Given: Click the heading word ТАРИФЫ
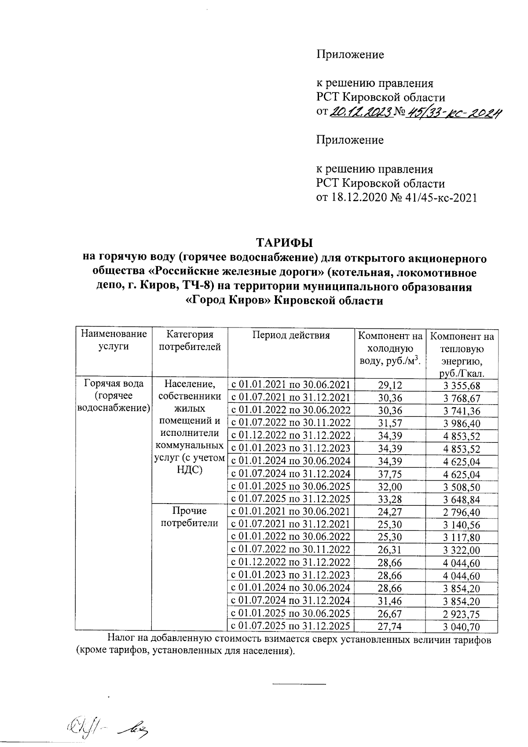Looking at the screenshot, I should [x=285, y=243].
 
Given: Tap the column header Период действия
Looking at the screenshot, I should [x=291, y=335].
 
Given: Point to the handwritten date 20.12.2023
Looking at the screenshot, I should [x=361, y=113].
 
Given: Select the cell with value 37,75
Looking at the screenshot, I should [x=390, y=474].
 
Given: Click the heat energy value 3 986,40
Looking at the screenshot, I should [x=462, y=424].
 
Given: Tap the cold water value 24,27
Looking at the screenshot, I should [x=390, y=512].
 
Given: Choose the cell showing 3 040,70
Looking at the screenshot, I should [x=462, y=627].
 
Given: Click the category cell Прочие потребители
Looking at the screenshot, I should [x=189, y=517].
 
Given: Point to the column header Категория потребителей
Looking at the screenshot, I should [x=189, y=341].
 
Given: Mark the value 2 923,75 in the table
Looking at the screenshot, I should [x=462, y=614].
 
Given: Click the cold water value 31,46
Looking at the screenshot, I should [x=390, y=601].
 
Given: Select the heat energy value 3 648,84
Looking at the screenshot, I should [x=462, y=500].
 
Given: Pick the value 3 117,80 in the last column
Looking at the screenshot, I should [x=462, y=537].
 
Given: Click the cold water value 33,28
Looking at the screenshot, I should [x=390, y=499].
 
